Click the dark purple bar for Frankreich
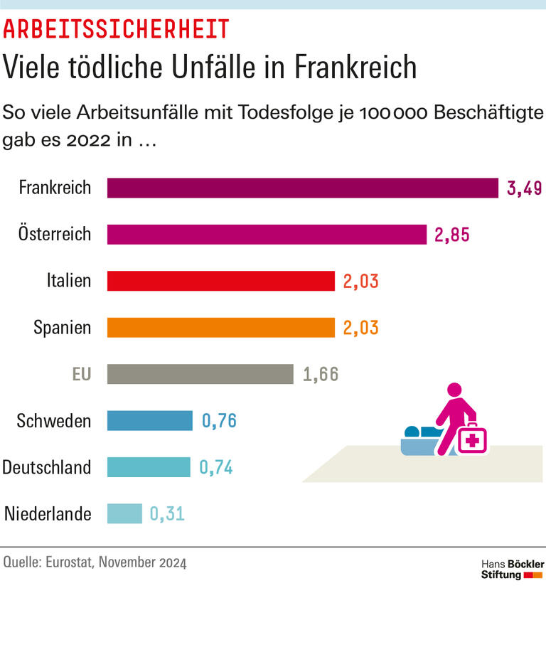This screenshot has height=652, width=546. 302,188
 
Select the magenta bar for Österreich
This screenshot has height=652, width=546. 267,235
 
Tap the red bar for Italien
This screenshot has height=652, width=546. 220,281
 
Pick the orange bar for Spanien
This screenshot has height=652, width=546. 220,327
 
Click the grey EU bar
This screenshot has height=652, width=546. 200,374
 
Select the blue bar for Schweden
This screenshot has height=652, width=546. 149,421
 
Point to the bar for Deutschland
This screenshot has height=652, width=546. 149,467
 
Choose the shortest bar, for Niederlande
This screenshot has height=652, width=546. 124,513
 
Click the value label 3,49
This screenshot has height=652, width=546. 525,188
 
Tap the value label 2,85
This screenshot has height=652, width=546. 452,235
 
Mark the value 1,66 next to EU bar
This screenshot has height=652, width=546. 321,375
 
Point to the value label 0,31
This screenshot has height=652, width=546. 167,514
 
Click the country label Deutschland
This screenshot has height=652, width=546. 47,468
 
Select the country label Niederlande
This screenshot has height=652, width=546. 48,514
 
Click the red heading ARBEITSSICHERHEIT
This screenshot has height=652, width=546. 117,28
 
